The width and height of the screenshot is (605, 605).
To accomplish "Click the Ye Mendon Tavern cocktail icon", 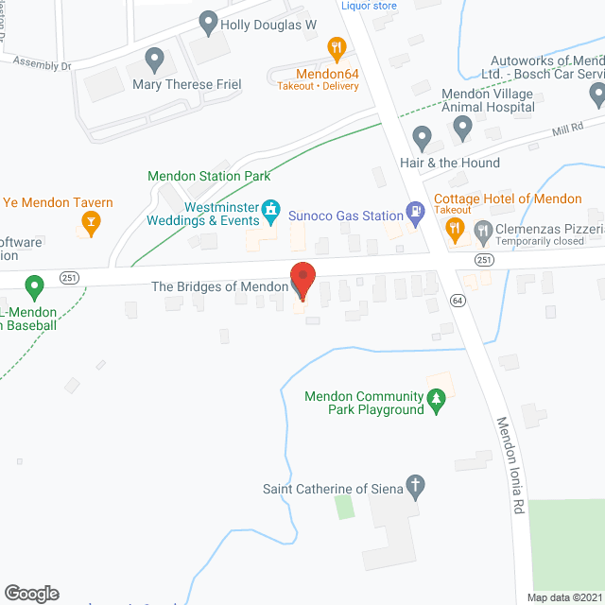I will click(x=92, y=224).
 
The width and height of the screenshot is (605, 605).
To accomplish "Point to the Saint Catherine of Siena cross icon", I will click(x=415, y=488).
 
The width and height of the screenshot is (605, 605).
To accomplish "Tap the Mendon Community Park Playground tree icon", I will click(x=436, y=403).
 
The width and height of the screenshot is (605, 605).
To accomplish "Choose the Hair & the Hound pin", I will click(x=423, y=138).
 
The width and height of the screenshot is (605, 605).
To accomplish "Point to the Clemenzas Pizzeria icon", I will click(x=483, y=228).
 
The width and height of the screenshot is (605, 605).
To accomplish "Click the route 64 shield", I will click(x=458, y=300).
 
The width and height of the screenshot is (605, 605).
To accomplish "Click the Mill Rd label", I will click(x=568, y=129).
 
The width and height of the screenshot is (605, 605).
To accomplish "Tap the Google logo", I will click(x=30, y=594).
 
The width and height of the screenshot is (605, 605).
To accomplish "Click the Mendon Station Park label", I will click(x=209, y=176).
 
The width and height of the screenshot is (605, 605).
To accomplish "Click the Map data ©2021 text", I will click(x=564, y=597).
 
